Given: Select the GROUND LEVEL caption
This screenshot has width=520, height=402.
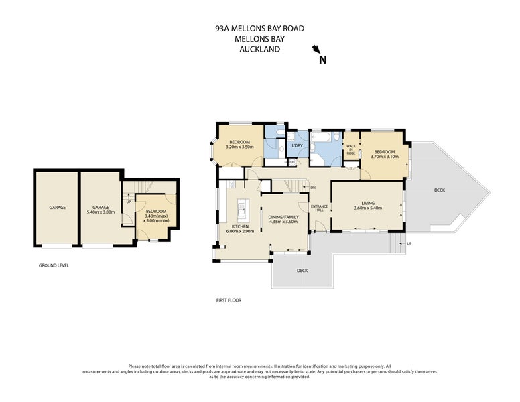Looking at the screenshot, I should click(54, 265).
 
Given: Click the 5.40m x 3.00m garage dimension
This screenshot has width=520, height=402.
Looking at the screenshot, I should click(101, 212).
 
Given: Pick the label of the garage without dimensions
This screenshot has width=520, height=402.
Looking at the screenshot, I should click(57, 208).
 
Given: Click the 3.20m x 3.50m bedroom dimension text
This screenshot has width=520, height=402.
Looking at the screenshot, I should click(239, 147).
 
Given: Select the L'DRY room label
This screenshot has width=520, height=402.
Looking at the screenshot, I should click(298, 145).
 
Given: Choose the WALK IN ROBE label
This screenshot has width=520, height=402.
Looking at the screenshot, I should click(350, 150).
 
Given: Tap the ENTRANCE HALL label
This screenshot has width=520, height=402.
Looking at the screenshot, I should click(319, 208).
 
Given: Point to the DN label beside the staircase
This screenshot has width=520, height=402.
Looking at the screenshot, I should click(312, 188).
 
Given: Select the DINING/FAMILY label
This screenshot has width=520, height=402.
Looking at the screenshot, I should click(283, 217).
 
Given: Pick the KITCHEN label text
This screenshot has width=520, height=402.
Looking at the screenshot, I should click(240, 227).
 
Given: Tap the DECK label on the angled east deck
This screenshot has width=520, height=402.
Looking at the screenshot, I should click(439, 190).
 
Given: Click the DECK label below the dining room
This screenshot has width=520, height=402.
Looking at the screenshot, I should click(302, 271).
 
